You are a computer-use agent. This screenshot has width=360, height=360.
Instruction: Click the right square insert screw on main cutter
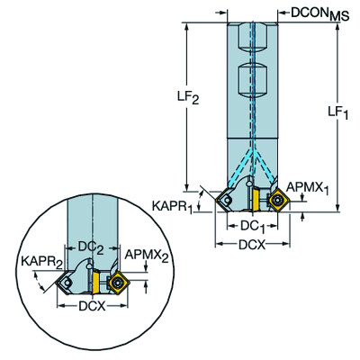276,199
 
